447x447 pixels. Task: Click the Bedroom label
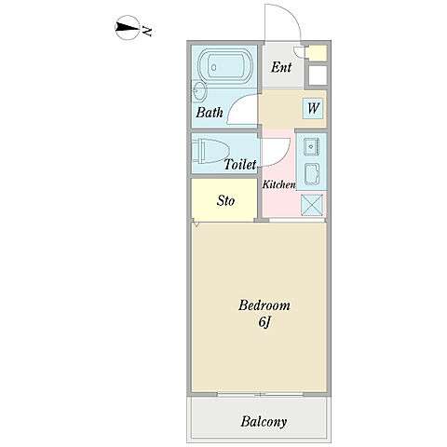264,305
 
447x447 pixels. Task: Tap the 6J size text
264,322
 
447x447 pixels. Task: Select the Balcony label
264,422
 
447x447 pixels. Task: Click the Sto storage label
225,200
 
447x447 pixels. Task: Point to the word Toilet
240,165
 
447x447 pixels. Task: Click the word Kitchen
278,184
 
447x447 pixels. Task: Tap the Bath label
210,113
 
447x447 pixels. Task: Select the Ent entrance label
281,67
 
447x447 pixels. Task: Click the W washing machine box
313,108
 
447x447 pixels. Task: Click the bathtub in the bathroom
225,66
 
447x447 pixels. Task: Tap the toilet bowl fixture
210,151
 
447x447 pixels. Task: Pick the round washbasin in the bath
199,91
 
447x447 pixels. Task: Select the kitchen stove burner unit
312,174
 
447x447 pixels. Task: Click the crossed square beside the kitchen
312,205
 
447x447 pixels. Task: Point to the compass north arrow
128,28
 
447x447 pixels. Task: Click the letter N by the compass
147,31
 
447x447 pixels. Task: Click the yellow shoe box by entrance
317,52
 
